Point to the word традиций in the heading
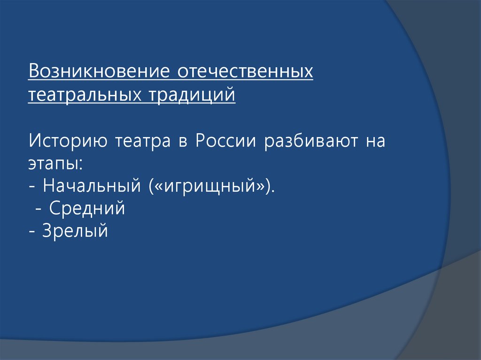coord(192,94)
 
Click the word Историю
coord(66,141)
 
